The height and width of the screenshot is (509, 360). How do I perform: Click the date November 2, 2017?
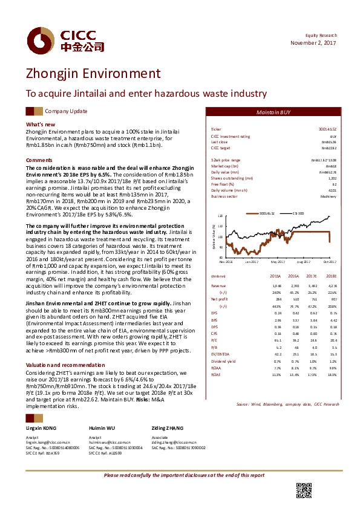313,43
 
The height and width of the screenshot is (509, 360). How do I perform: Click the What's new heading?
40,124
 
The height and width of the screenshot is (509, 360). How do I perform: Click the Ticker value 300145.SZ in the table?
327,129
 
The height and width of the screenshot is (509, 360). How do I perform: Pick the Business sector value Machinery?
327,196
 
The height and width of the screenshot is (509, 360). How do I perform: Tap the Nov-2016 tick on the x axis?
226,261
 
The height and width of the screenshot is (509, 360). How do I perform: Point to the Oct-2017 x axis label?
329,261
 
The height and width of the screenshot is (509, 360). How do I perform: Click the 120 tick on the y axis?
220,215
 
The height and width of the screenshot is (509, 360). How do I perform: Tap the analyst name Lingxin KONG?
43,428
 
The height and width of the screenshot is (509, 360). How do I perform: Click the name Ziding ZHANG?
167,428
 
